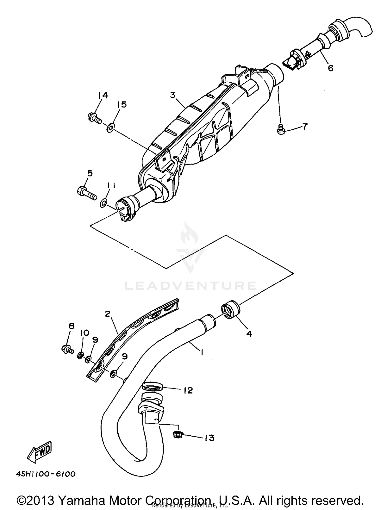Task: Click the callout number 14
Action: (103, 95)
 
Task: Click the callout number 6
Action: (330, 68)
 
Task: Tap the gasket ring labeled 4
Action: (230, 309)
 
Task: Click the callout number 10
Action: (85, 333)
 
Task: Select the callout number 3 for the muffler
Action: (173, 95)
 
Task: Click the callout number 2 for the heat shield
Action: (108, 314)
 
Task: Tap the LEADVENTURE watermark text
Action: (190, 286)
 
